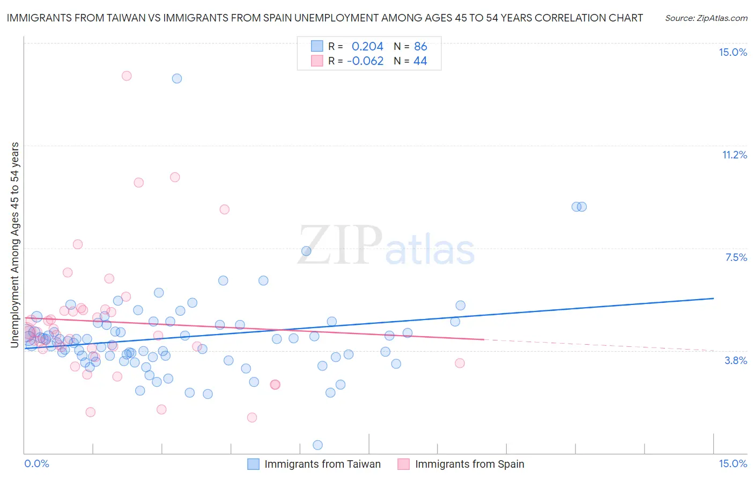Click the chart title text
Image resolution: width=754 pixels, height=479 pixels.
(324, 18)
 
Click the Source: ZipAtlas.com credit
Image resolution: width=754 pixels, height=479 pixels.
(706, 18)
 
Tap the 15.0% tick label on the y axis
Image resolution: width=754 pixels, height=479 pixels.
(733, 52)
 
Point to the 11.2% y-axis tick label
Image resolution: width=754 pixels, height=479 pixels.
(734, 155)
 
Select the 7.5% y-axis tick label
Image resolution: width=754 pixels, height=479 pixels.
(736, 257)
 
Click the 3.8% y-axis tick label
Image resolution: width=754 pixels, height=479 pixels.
(736, 360)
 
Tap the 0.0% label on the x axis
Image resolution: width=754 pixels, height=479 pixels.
(36, 463)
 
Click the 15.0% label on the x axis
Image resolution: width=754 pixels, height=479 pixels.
(733, 463)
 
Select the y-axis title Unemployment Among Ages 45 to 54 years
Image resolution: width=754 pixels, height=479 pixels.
(15, 245)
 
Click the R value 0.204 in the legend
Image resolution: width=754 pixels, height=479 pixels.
(367, 47)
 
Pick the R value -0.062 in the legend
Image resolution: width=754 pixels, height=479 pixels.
(365, 61)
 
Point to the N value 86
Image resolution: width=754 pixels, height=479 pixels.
(420, 47)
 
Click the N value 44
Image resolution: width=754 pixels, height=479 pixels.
(420, 61)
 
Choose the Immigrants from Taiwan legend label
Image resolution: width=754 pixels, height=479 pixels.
(322, 465)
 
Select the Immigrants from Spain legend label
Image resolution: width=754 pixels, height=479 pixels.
(469, 465)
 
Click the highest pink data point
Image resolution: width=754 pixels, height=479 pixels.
(127, 76)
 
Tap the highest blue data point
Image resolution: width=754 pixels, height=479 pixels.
(177, 78)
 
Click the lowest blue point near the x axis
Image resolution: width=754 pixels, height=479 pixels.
(317, 445)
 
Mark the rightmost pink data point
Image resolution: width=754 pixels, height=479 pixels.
(460, 363)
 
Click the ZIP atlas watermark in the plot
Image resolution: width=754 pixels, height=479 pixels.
(386, 245)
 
